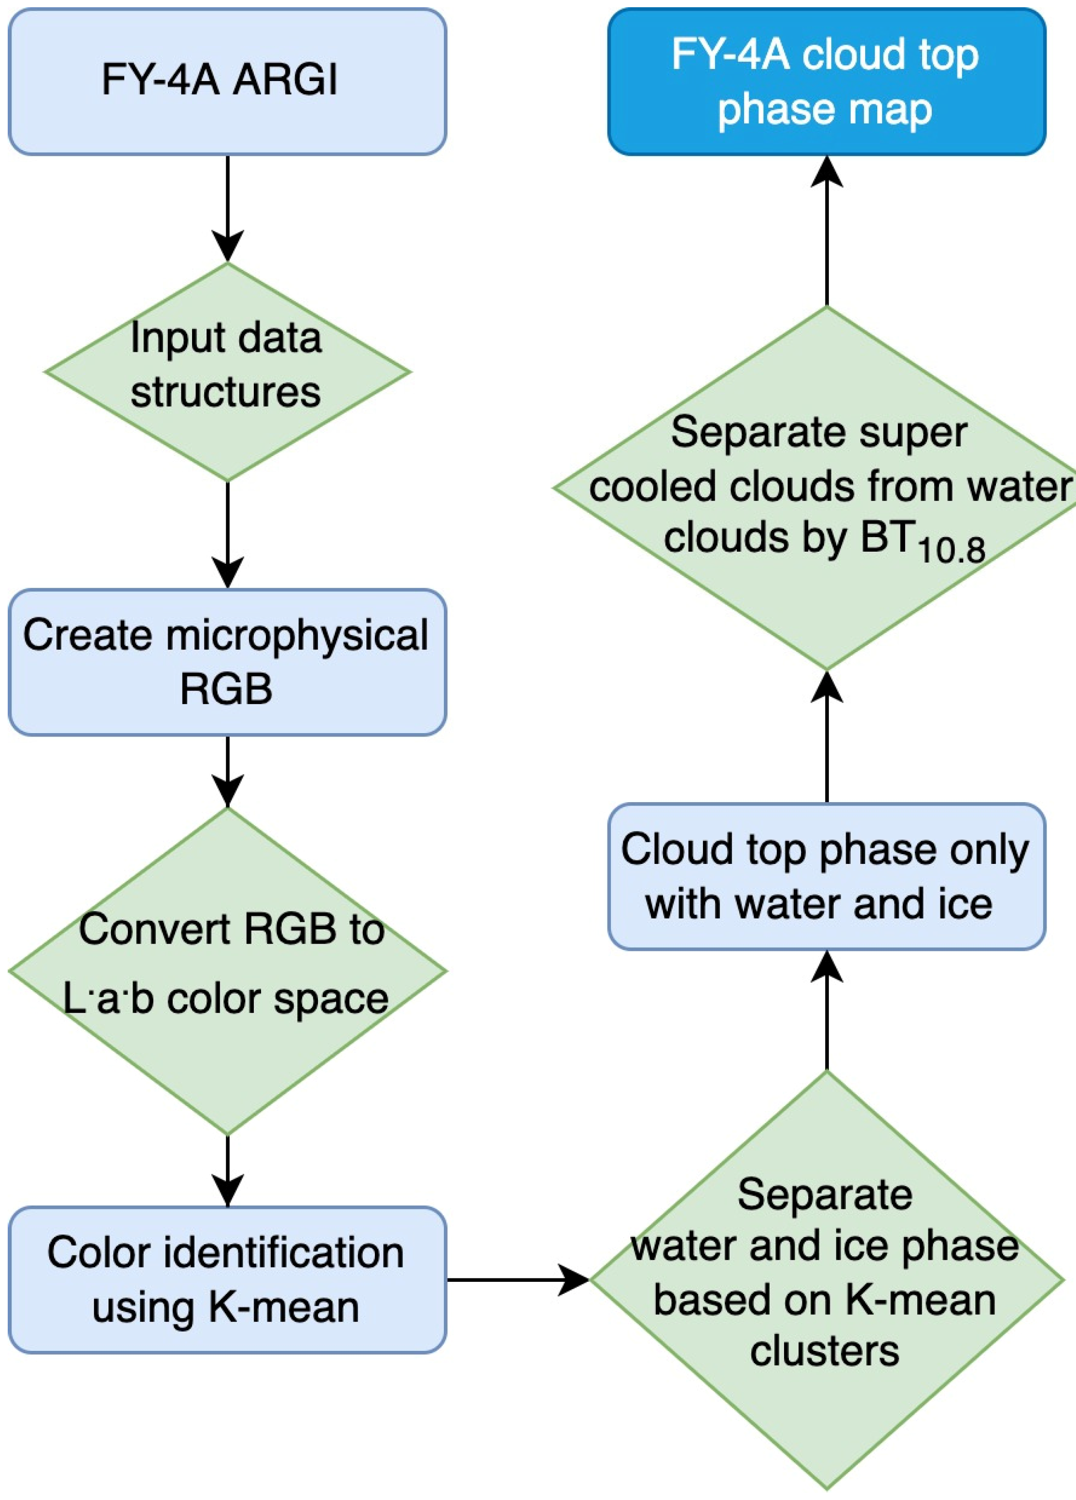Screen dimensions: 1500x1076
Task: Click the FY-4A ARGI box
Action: (227, 82)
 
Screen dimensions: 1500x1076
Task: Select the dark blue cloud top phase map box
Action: (826, 82)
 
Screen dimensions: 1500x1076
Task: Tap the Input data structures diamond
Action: (227, 371)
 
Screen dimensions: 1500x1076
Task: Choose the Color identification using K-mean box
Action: (227, 1280)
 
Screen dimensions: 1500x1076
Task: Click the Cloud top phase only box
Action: (826, 876)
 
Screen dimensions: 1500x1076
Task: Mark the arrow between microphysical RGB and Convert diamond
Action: (227, 770)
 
